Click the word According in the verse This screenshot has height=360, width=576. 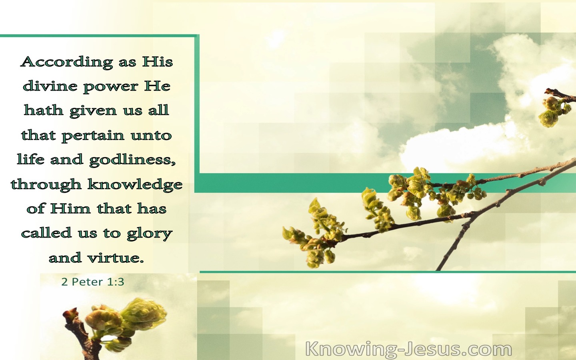pyautogui.click(x=66, y=62)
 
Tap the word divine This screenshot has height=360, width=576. pyautogui.click(x=50, y=86)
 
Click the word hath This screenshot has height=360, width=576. pyautogui.click(x=44, y=110)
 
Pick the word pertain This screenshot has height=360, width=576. pyautogui.click(x=93, y=136)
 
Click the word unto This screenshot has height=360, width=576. pyautogui.click(x=151, y=136)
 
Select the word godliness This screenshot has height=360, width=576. pyautogui.click(x=132, y=160)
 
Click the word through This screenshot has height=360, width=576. pyautogui.click(x=46, y=185)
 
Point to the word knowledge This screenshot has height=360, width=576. pyautogui.click(x=135, y=185)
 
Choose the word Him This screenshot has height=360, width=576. pyautogui.click(x=70, y=208)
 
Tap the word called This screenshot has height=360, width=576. pyautogui.click(x=46, y=232)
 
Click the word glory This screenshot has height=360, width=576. pyautogui.click(x=150, y=234)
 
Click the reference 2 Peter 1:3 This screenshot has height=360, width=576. pyautogui.click(x=93, y=282)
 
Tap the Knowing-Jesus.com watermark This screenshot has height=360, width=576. pyautogui.click(x=409, y=350)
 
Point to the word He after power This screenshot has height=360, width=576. pyautogui.click(x=157, y=86)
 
